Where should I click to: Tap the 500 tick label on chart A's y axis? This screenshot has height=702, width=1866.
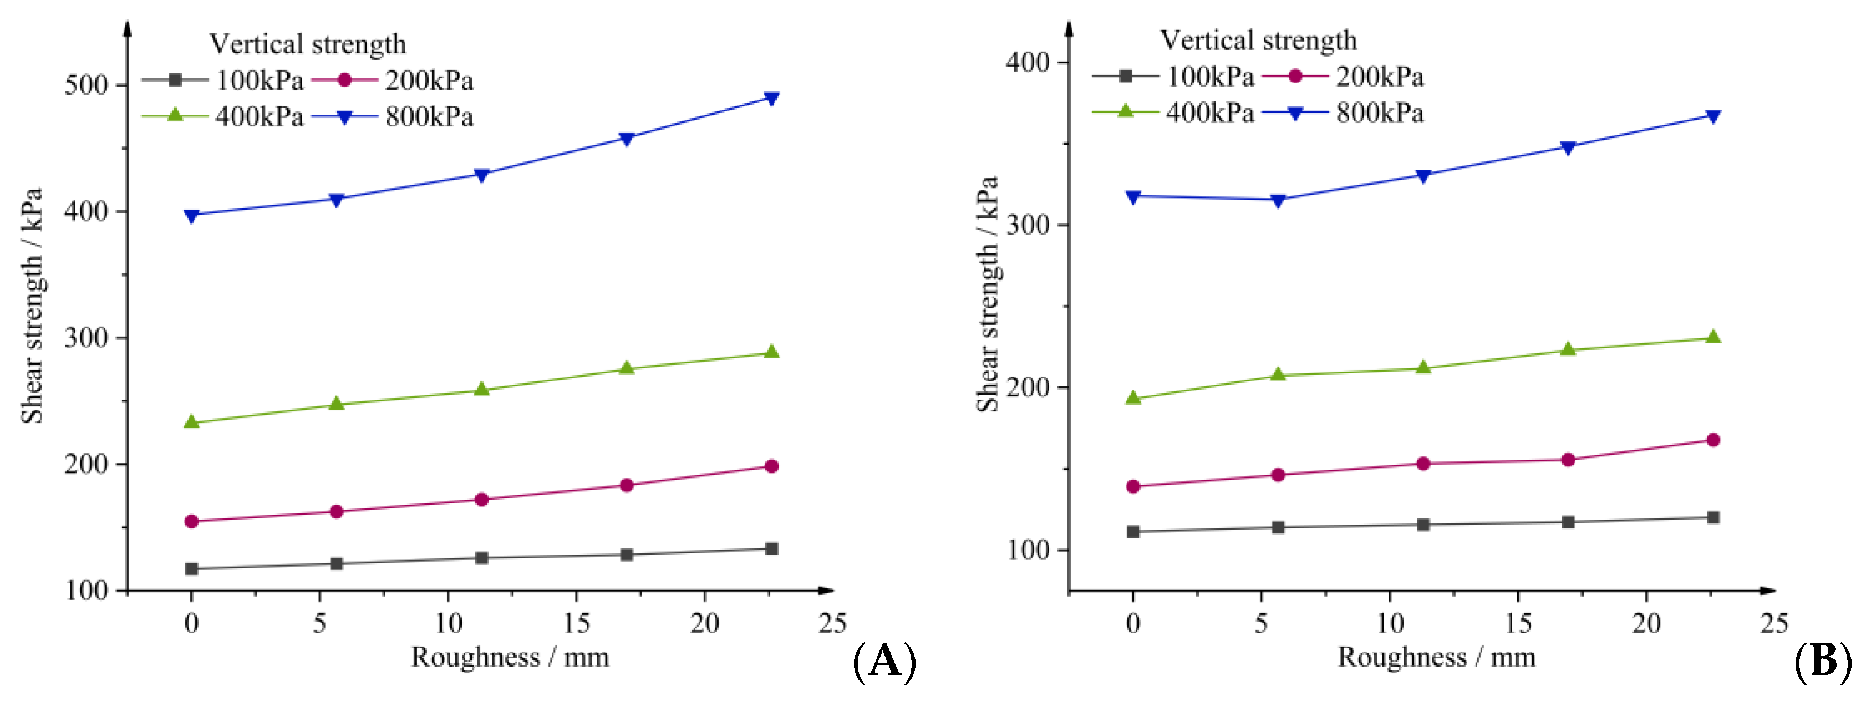click(x=86, y=85)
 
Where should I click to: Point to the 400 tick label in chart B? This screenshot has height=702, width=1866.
click(x=1027, y=62)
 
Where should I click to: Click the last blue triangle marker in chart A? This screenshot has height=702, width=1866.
click(x=771, y=98)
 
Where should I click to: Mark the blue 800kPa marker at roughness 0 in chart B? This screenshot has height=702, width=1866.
click(x=1133, y=196)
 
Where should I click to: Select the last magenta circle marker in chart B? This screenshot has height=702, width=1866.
click(x=1713, y=440)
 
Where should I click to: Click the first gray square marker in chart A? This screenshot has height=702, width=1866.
click(x=191, y=569)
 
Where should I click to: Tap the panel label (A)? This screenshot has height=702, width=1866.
click(x=884, y=661)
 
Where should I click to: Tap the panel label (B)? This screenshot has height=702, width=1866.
click(x=1823, y=661)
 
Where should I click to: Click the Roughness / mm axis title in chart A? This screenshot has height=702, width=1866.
click(x=510, y=657)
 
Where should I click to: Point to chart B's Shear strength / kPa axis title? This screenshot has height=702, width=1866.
click(x=987, y=293)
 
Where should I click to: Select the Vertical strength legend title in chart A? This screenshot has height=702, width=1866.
click(x=308, y=44)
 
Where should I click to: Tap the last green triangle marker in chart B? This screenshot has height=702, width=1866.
click(x=1713, y=337)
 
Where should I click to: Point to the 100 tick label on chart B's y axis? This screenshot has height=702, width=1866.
click(x=1027, y=550)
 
